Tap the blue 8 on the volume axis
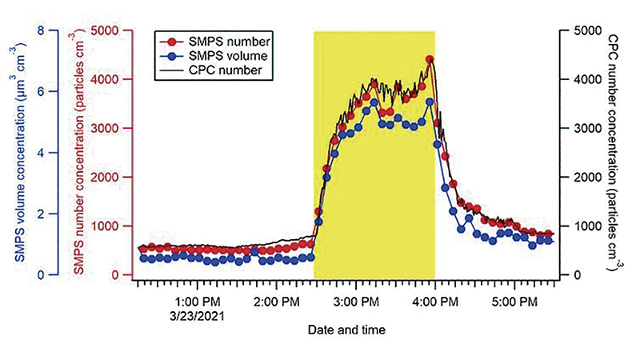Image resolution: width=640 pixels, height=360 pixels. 40,30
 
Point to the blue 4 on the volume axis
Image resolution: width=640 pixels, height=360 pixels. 40,153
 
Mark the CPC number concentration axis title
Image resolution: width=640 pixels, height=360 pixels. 614,153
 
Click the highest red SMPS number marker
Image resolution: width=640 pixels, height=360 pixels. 430,59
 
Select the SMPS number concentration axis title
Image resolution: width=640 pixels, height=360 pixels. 80,153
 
